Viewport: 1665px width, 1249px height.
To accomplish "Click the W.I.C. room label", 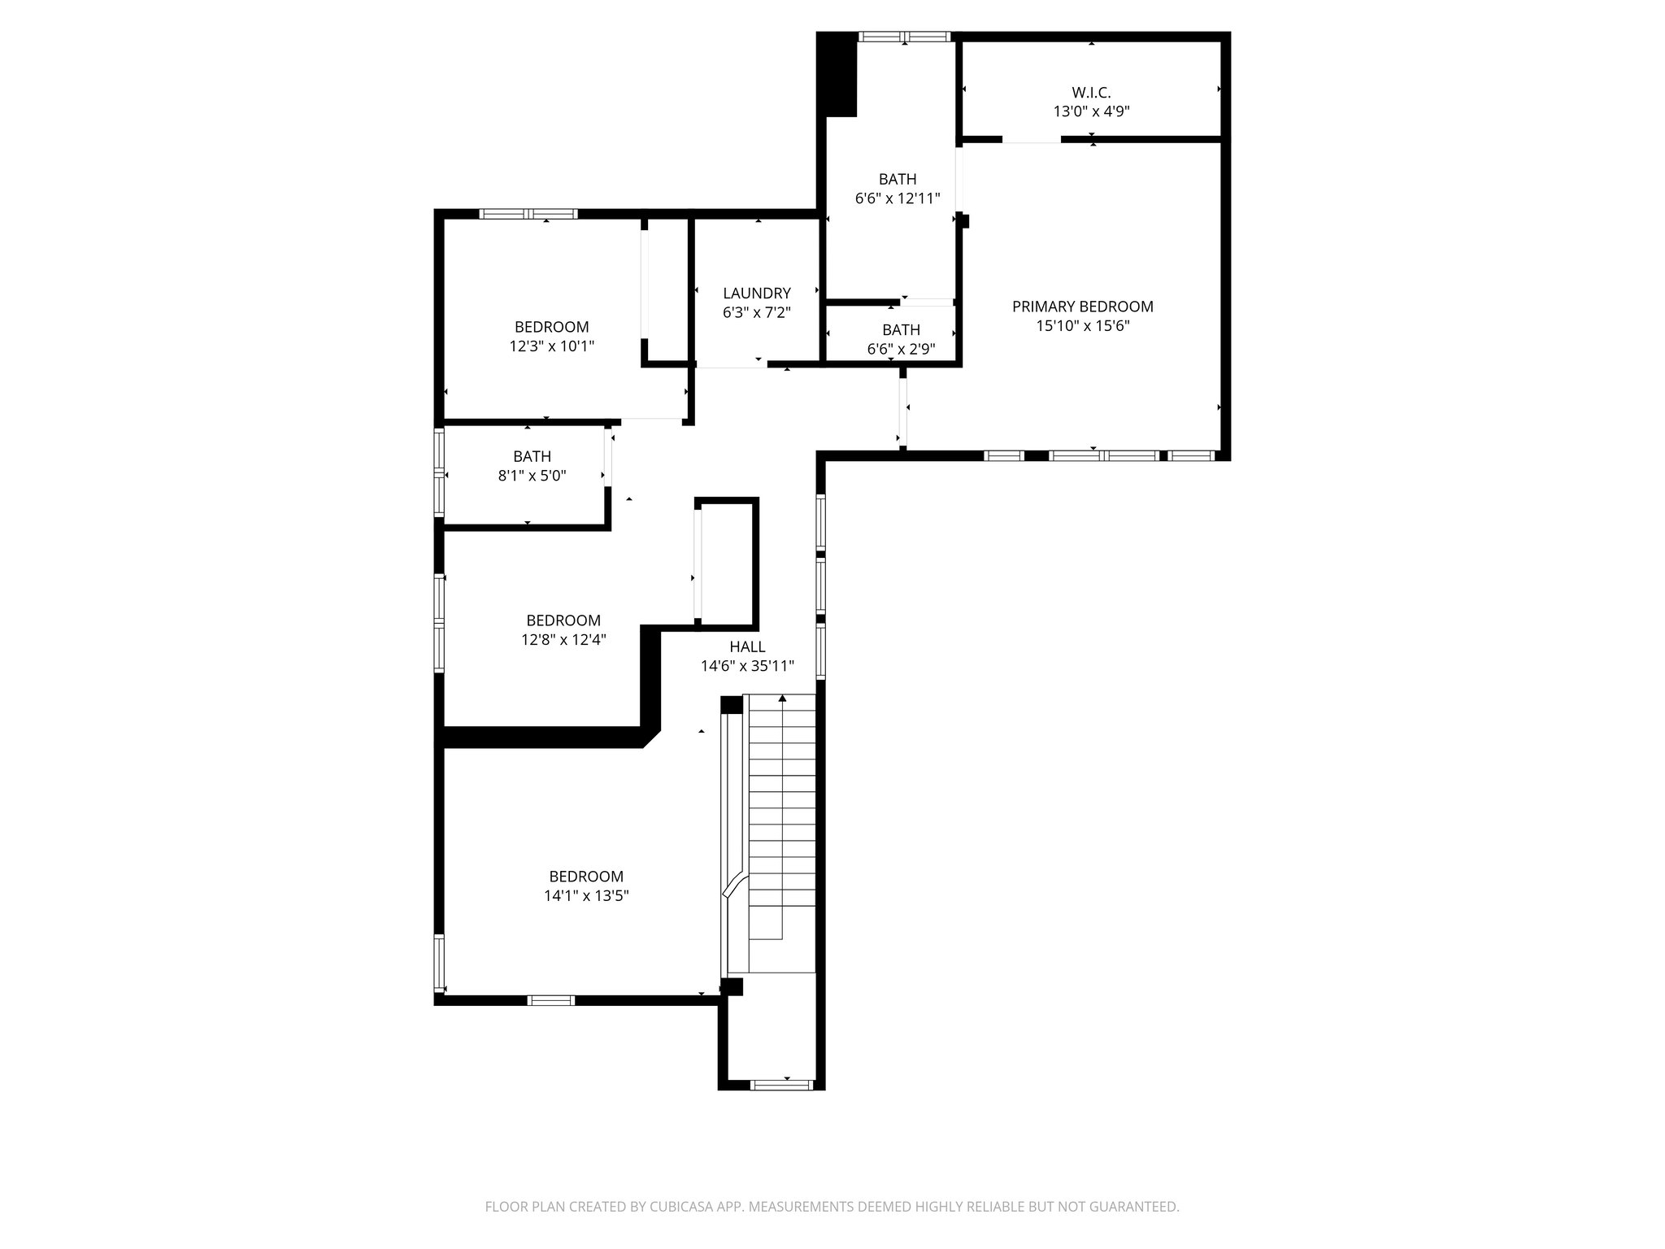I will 1091,93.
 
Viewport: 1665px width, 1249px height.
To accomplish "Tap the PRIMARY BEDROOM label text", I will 1082,307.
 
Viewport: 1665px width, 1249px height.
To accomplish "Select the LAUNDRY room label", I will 756,293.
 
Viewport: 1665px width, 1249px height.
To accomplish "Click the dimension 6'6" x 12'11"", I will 897,198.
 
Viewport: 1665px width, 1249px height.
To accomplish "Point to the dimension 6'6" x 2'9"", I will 901,349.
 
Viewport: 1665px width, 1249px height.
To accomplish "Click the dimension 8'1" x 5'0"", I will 532,476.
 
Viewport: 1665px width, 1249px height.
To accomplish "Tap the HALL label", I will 746,646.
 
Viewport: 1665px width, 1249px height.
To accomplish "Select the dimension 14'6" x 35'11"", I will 746,666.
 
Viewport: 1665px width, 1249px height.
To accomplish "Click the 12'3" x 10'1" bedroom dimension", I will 551,346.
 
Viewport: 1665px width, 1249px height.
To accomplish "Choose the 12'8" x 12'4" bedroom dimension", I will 563,640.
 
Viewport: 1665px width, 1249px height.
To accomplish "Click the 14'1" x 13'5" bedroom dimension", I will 585,896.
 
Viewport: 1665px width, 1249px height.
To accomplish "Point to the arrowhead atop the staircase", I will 782,698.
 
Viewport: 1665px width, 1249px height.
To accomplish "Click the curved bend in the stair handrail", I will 734,884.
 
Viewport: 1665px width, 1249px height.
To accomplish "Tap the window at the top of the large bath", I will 904,37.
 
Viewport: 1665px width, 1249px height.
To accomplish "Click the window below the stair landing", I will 780,1084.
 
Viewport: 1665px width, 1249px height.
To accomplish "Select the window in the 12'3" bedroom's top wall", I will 528,214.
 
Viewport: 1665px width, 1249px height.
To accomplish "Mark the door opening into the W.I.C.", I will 1031,140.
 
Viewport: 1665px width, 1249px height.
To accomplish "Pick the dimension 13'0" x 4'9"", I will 1091,112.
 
